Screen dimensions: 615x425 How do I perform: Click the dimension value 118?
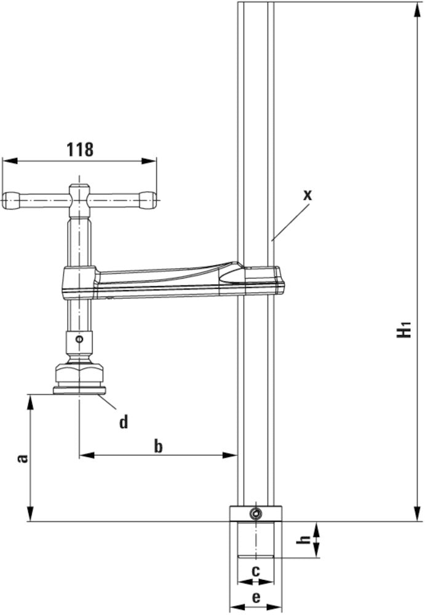[x=80, y=149]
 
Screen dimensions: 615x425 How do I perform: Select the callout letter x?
[x=308, y=195]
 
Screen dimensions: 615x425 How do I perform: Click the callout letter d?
[x=124, y=422]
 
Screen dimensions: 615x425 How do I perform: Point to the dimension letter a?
[x=22, y=458]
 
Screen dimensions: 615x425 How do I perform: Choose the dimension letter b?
[x=158, y=446]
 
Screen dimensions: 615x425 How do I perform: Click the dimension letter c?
[x=255, y=569]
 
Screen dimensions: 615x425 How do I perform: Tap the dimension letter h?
[x=302, y=539]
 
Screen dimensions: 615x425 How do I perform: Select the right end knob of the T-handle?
[x=148, y=199]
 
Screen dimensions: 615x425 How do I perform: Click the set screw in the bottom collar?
[x=255, y=514]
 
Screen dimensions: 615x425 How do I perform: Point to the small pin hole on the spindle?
[x=78, y=338]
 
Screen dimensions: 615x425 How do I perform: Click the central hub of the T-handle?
[x=78, y=199]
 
